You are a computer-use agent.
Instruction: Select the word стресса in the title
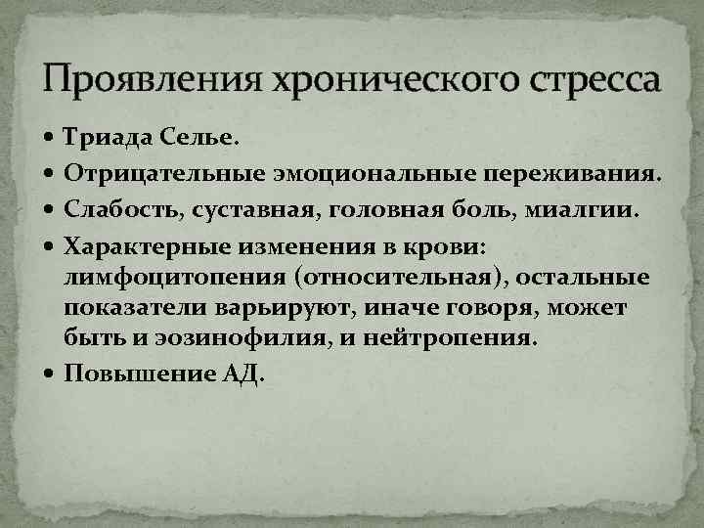coord(593,79)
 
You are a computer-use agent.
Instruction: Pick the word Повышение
coord(137,374)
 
